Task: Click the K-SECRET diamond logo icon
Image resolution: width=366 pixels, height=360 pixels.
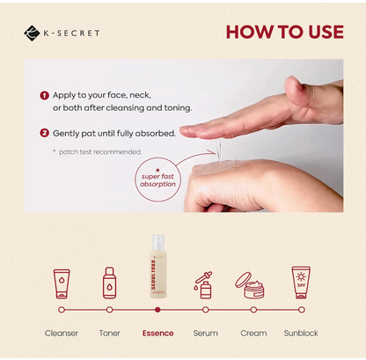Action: tap(33, 33)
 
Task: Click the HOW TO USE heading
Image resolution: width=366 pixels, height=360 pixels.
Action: tap(283, 33)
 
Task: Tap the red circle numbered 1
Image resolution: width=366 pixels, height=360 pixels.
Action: tap(44, 94)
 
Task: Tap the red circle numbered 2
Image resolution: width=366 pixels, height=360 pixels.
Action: tap(44, 133)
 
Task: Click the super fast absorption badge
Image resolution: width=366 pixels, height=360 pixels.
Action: tap(157, 172)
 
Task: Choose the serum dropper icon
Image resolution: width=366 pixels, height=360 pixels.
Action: tap(205, 284)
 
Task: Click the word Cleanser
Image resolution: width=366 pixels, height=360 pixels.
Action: tap(62, 334)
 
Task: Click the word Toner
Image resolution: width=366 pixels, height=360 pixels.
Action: tap(110, 334)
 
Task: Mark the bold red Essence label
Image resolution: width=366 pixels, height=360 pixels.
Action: tap(157, 334)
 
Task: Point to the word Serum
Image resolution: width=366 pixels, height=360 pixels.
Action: tap(205, 334)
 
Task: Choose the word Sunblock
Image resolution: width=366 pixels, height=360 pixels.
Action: tap(301, 334)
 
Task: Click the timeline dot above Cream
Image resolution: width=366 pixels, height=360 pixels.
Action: tap(253, 310)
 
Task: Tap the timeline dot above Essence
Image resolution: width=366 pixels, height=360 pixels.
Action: tap(157, 310)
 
